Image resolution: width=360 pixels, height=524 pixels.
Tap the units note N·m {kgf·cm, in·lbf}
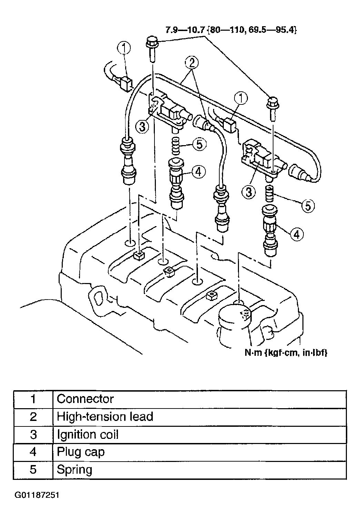(286, 352)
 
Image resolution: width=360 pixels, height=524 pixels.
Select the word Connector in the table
(85, 399)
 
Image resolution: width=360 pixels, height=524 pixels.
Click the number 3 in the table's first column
(33, 434)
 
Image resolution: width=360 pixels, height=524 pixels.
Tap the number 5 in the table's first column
(33, 470)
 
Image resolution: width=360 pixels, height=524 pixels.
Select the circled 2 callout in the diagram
(192, 62)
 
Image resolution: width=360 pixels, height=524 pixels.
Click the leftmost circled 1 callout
(124, 48)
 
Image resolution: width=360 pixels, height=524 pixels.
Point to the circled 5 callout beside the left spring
(199, 144)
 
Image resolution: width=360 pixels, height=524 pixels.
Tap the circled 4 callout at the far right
(297, 234)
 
